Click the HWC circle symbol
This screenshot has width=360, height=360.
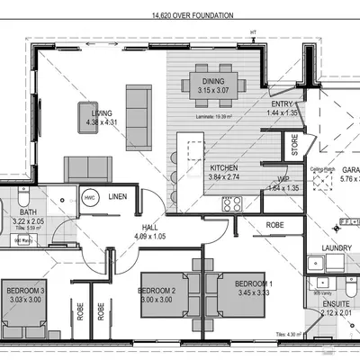tap(90, 197)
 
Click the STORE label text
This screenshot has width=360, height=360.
tap(294, 145)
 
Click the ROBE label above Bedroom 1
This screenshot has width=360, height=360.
tap(275, 225)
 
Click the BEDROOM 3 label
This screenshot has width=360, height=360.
tap(25, 292)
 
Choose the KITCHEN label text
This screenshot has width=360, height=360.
tap(225, 168)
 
